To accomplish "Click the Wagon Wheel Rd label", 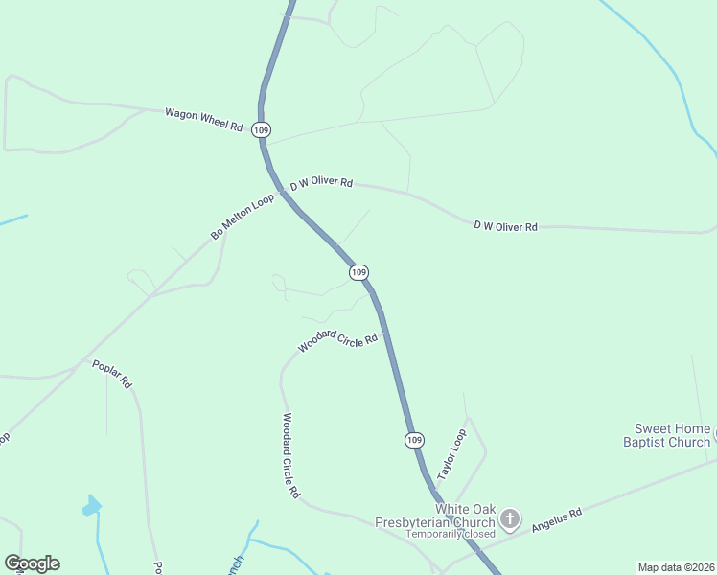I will point(203,118).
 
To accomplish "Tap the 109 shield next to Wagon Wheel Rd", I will point(262,129).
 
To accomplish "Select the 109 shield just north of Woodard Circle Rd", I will point(358,273).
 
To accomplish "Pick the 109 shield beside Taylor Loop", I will point(413,440).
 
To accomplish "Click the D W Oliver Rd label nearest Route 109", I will point(322,183).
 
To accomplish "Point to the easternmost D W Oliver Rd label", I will point(505,226).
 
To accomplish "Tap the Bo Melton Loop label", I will point(243,217).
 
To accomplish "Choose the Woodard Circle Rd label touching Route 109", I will point(338,340).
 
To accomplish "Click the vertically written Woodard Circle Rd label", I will point(291,455).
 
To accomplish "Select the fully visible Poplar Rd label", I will point(112,373).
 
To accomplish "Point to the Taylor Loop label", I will point(451,454).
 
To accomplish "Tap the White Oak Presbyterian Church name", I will point(465,515).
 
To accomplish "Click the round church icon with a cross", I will point(511,520).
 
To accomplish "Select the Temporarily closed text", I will point(450,534).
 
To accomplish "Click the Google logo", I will point(32,563).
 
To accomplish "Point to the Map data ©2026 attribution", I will point(675,567).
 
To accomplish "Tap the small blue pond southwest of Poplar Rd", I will point(91,505).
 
